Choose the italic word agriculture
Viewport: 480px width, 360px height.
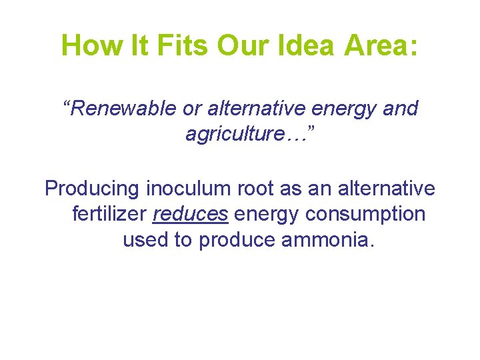(x=231, y=134)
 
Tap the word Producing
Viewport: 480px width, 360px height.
(x=93, y=189)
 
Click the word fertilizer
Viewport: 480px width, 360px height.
(x=109, y=215)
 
